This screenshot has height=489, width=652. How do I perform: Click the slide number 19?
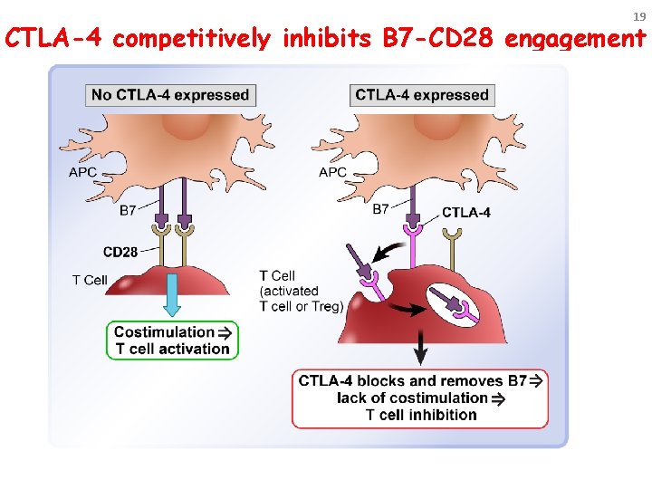tap(638, 16)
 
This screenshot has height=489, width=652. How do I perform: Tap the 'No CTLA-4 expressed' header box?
tap(169, 95)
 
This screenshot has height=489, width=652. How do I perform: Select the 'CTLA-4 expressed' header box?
tap(422, 95)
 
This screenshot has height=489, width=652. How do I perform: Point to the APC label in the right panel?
tap(332, 172)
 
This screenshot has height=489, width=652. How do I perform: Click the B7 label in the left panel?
tap(129, 211)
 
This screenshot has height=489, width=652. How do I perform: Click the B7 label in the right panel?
tap(381, 208)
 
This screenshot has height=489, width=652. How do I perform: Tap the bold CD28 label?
tap(120, 252)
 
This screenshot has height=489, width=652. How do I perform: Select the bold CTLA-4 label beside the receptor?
tap(466, 214)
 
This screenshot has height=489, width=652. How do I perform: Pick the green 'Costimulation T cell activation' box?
tap(172, 340)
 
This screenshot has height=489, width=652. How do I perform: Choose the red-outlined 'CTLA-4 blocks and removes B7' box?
tap(420, 398)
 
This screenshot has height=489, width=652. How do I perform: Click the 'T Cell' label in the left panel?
tap(90, 280)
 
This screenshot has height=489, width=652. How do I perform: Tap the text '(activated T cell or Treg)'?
tap(301, 299)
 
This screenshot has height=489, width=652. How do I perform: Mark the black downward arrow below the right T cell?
tap(420, 347)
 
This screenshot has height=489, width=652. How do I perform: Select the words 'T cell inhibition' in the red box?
tap(420, 415)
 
